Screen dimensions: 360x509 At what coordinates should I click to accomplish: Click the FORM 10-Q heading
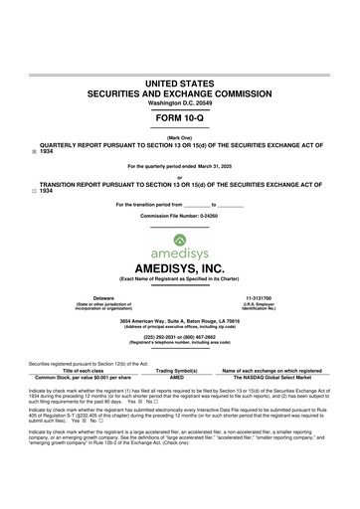point(179,118)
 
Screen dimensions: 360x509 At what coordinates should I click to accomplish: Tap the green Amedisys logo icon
point(179,238)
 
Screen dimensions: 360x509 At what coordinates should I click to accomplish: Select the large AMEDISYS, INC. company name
point(179,269)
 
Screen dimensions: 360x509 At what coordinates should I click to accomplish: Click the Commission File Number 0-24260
point(179,216)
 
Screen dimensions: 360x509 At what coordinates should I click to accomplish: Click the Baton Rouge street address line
point(180,323)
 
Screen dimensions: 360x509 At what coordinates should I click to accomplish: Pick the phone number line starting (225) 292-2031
point(180,336)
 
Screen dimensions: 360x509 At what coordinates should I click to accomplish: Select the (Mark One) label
point(179,137)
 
